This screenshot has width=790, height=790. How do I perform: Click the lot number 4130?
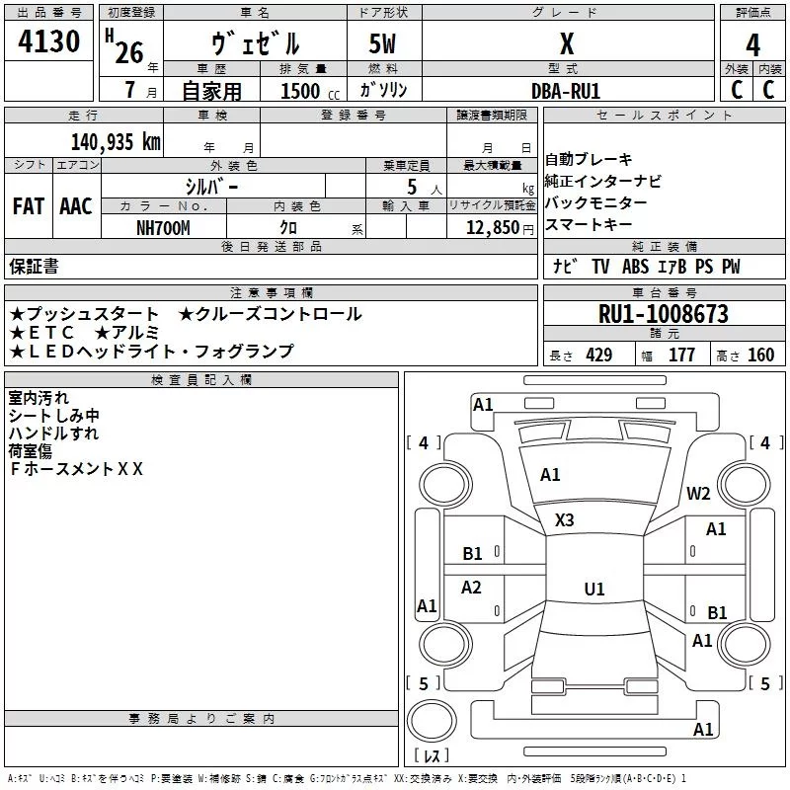[48, 40]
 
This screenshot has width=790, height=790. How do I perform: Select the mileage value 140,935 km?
[116, 142]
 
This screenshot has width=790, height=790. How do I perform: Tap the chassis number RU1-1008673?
[664, 314]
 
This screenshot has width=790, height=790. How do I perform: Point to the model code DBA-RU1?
[566, 91]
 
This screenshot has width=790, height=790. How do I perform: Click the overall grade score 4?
[752, 45]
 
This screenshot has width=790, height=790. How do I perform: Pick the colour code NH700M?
[163, 228]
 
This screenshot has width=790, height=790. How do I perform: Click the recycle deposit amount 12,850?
[493, 228]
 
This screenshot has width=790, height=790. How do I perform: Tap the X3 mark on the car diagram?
[564, 520]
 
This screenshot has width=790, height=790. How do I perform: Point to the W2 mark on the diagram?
[698, 494]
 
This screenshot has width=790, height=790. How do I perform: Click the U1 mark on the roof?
[594, 589]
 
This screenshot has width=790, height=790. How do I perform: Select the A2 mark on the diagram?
[471, 587]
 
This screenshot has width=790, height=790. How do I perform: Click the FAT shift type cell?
[29, 206]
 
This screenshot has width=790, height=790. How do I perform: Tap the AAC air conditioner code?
[76, 206]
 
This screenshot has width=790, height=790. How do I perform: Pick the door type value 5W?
[382, 43]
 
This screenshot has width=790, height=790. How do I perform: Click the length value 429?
[599, 355]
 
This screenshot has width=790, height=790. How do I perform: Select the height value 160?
[761, 355]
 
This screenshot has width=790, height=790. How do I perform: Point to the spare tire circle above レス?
[432, 721]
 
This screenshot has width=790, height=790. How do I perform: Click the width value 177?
[681, 355]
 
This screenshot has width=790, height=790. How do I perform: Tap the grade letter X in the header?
[567, 44]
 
